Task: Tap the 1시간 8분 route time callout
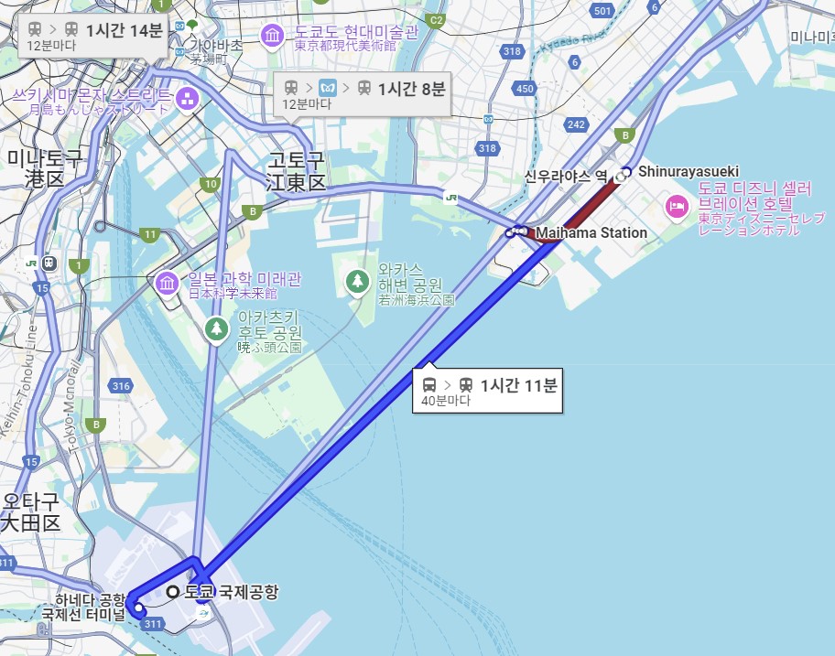pos(365,94)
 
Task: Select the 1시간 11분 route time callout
pos(489,392)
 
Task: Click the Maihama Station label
pos(591,232)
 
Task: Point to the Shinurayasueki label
pos(688,172)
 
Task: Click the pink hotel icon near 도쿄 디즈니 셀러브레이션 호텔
pos(678,206)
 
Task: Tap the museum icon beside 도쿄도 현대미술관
pos(272,37)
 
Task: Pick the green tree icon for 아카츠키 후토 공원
pos(216,328)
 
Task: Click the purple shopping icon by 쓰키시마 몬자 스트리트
pos(187,97)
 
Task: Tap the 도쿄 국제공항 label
pos(230,592)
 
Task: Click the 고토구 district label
pos(296,172)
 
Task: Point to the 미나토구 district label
pos(44,168)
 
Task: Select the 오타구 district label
pos(30,512)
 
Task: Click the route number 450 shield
pos(525,89)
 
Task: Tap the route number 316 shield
pos(121,386)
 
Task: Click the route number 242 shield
pos(576,124)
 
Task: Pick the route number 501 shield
pos(602,11)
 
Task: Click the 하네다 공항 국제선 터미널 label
pos(89,607)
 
